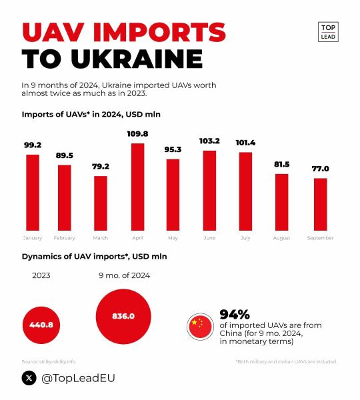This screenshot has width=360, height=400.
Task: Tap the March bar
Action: point(101,202)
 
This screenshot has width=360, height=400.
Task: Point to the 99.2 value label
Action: point(32,145)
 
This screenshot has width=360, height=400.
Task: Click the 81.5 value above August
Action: point(282,164)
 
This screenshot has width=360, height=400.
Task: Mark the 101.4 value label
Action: point(245,142)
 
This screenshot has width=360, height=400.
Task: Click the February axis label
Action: point(64,238)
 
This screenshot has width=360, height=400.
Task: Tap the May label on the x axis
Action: point(173,238)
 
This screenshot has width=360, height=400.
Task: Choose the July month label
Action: point(245,238)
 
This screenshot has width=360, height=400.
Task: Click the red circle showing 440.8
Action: point(41,325)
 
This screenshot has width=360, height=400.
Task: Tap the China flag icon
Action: point(198,325)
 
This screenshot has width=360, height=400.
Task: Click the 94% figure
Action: point(235,314)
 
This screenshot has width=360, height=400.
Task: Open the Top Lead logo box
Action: point(328,31)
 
